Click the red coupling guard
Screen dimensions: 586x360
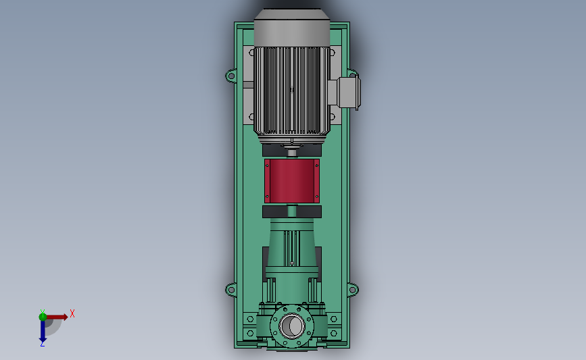[292, 181]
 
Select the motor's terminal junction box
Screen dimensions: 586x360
[345, 93]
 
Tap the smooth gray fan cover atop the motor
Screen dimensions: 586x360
[292, 28]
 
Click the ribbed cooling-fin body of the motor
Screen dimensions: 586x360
[292, 91]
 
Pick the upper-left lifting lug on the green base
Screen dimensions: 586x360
[231, 76]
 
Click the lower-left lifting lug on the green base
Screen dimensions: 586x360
[231, 290]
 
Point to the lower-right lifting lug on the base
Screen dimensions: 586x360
[353, 290]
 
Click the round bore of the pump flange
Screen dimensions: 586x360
[292, 326]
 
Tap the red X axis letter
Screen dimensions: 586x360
[72, 313]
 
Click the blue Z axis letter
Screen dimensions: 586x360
[42, 344]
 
